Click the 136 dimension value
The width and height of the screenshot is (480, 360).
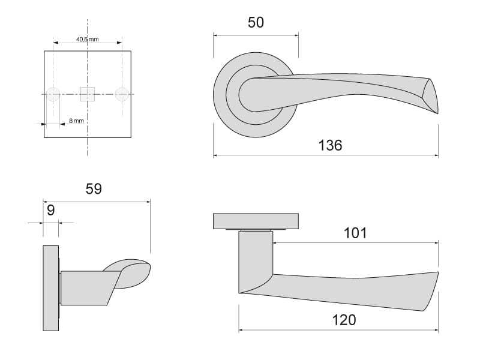330,145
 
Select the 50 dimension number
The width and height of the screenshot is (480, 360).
256,22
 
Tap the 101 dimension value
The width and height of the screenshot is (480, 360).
355,233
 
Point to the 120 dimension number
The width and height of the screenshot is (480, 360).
344,320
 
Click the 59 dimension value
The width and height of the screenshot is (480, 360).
94,189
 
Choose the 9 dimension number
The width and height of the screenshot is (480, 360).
51,211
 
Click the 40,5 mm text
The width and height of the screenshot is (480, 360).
87,40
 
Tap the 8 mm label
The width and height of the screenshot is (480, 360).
76,121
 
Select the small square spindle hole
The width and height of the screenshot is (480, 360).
88,94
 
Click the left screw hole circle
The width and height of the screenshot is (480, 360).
53,94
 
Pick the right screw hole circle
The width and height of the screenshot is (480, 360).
122,94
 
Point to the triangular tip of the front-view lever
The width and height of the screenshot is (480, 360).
431,96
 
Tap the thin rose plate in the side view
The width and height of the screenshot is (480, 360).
51,288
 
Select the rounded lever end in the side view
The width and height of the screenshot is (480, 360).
131,274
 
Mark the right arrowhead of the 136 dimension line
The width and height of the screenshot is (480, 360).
436,155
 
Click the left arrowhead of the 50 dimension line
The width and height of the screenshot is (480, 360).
215,35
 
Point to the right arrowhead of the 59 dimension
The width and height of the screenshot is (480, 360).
148,202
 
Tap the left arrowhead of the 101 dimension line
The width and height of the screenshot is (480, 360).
275,243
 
